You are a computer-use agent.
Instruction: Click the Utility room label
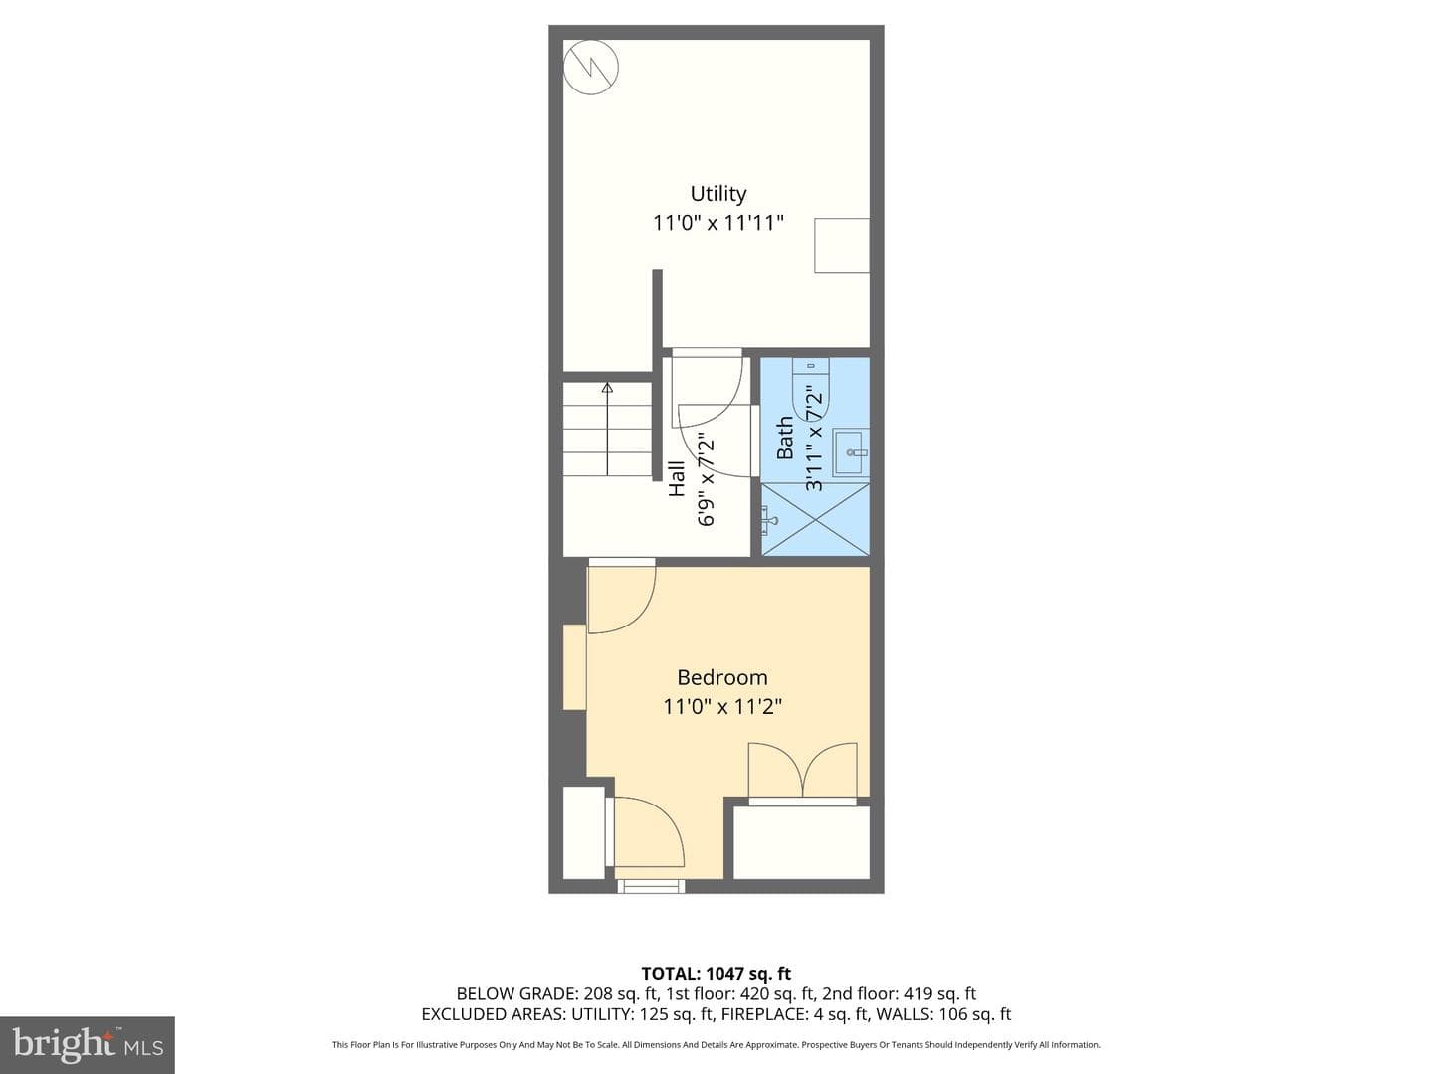pos(718,194)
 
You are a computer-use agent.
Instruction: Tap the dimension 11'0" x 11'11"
pos(718,223)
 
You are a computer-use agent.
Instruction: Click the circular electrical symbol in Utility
pos(591,68)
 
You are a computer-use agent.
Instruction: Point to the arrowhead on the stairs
pos(607,388)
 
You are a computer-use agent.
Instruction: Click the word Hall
pos(677,479)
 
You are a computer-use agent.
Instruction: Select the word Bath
pos(785,439)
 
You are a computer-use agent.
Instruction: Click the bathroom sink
pos(851,452)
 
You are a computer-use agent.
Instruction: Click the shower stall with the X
pos(815,520)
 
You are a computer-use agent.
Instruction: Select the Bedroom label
pos(722,677)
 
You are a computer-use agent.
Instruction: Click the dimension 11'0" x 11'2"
pos(722,707)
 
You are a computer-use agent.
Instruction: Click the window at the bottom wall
pos(651,886)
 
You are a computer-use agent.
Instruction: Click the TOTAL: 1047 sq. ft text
pos(716,974)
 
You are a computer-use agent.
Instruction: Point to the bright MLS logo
pos(88,1045)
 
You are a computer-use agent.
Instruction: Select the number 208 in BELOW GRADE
pos(597,994)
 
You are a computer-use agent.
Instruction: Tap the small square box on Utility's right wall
pos(842,246)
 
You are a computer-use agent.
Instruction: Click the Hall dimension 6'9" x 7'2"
pos(707,479)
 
